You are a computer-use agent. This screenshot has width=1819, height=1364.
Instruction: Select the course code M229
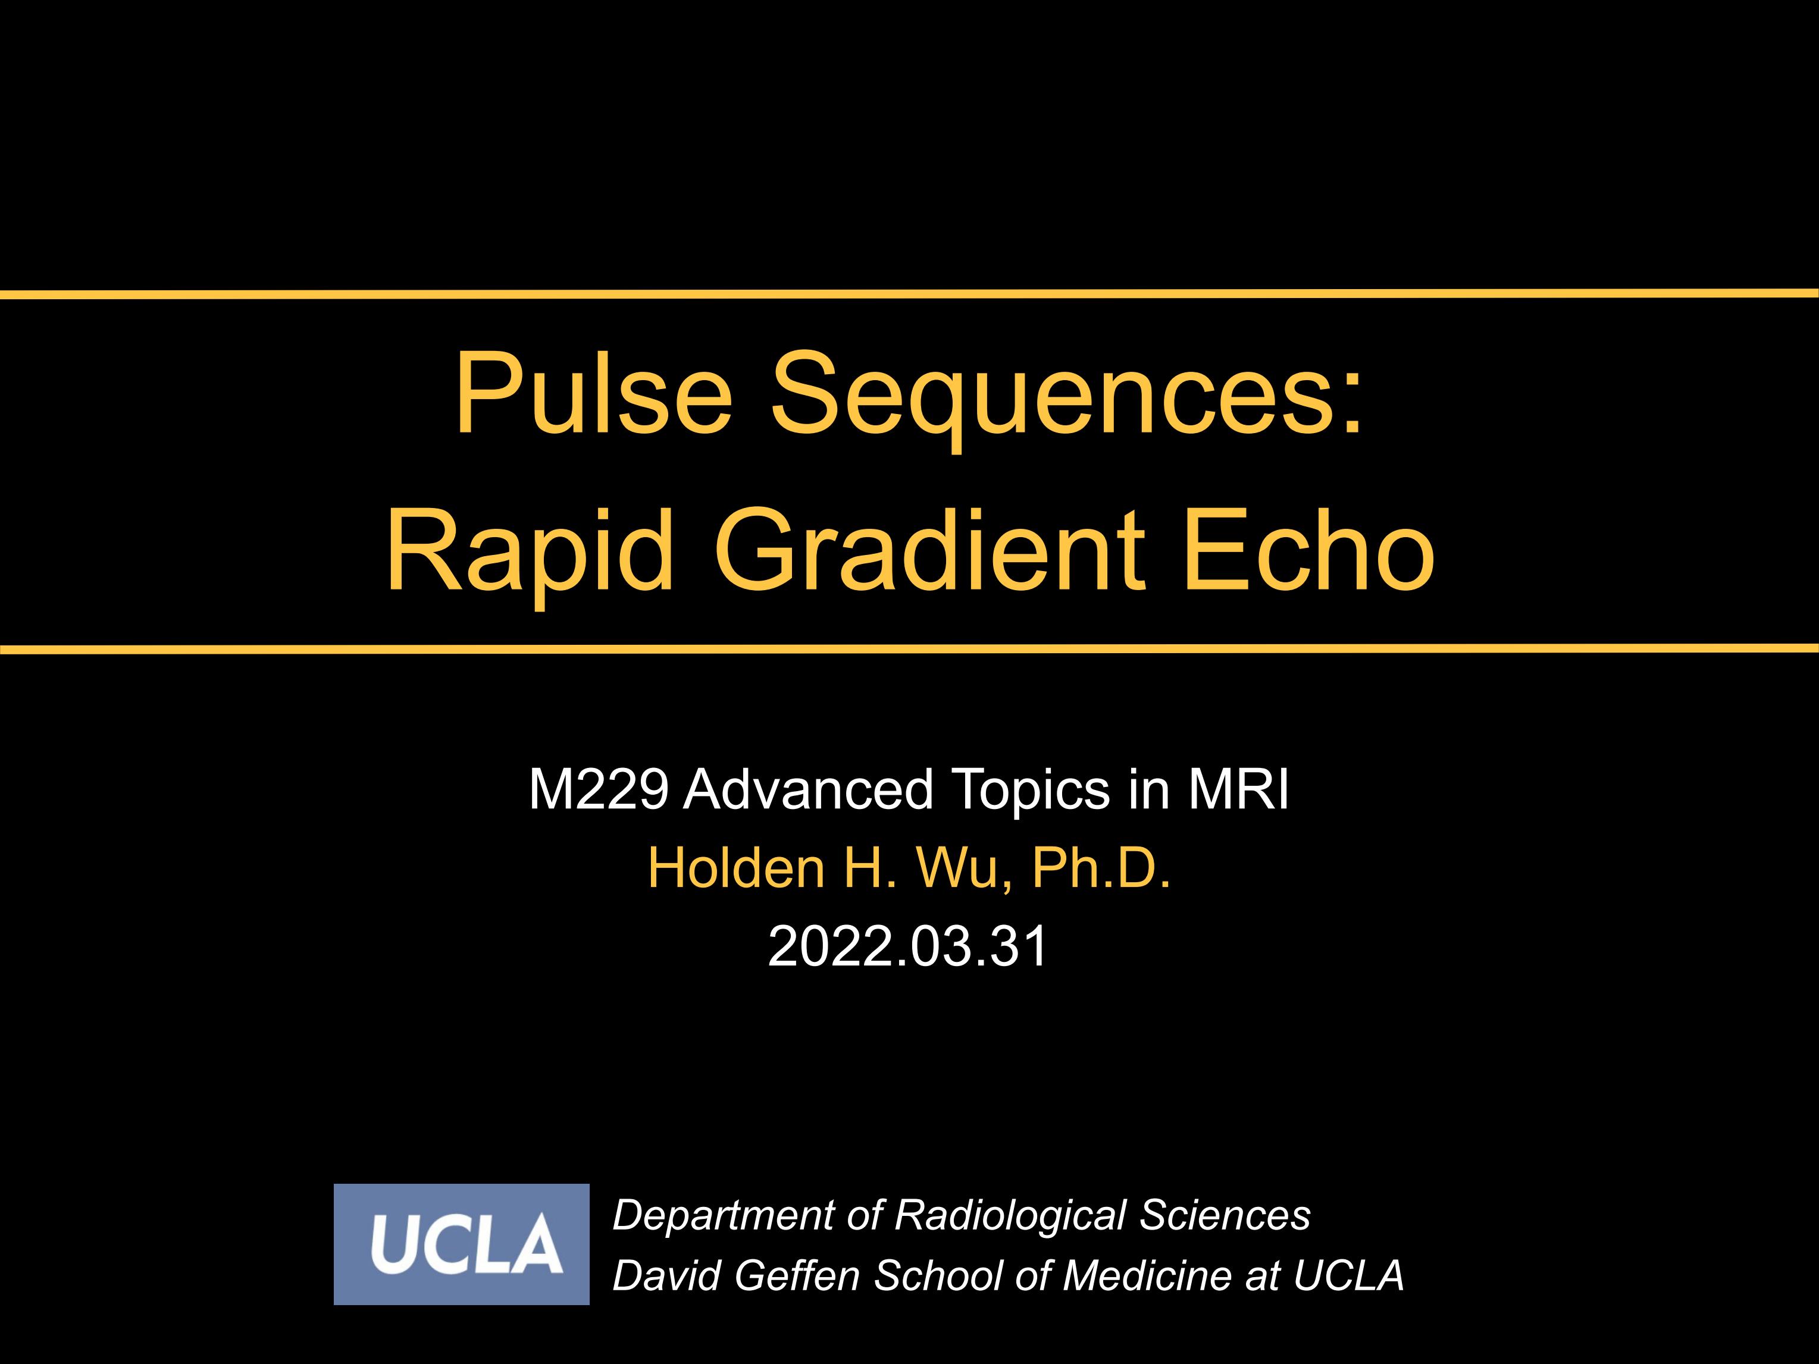(599, 789)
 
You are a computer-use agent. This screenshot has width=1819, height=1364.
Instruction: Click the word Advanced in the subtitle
(809, 789)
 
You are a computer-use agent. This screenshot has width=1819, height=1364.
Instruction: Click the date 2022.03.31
(908, 946)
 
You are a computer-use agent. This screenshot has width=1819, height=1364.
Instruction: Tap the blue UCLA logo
(461, 1244)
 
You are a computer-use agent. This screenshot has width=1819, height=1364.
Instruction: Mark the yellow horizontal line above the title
(909, 293)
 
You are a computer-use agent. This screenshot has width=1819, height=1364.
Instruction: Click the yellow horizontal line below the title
(909, 650)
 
